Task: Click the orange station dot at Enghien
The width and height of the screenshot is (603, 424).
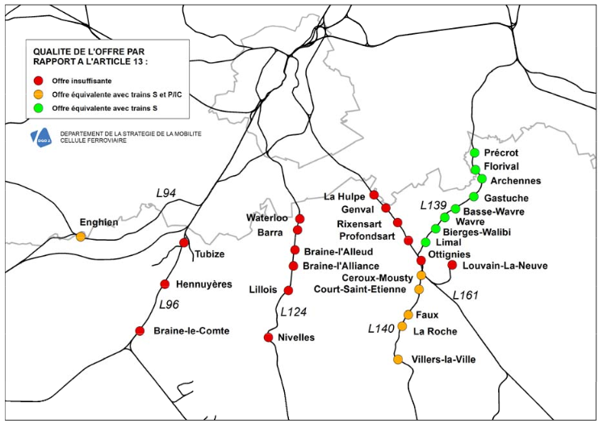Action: [x=81, y=237]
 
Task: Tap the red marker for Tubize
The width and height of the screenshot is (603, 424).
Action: [x=184, y=242]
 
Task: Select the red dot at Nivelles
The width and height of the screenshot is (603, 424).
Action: [x=268, y=337]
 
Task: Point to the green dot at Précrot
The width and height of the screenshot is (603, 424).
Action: [x=475, y=153]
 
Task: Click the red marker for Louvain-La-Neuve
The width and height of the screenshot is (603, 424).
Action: [x=452, y=265]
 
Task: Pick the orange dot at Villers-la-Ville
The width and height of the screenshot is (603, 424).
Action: [x=398, y=359]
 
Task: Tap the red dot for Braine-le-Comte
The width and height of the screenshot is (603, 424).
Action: [x=140, y=330]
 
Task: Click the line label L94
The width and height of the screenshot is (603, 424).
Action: [x=165, y=193]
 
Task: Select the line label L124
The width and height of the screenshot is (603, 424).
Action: [x=294, y=311]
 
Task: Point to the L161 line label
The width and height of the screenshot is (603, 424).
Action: [x=466, y=295]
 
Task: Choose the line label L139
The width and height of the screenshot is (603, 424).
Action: [x=433, y=205]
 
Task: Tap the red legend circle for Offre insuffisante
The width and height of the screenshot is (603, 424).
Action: [x=38, y=81]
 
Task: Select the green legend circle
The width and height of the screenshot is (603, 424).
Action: [x=38, y=107]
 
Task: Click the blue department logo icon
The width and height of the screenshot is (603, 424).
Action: [x=40, y=138]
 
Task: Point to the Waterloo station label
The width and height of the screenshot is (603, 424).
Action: [x=266, y=218]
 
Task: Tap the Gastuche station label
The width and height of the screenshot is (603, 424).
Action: [x=506, y=198]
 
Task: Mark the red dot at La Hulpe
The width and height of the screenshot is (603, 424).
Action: [x=374, y=195]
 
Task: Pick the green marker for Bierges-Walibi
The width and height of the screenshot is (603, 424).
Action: [x=436, y=229]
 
